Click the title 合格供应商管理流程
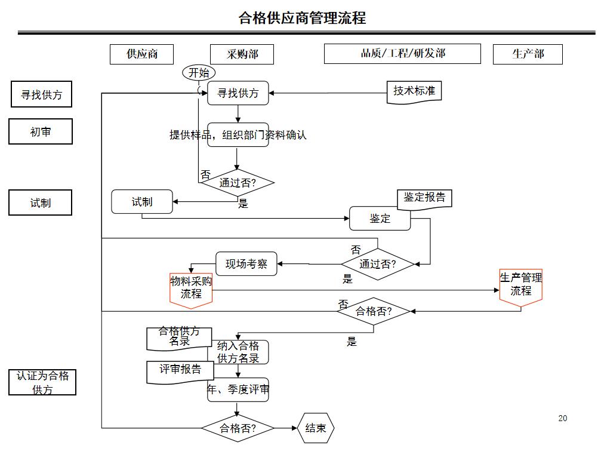tap(302, 18)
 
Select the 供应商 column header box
tap(141, 54)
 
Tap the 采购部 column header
tap(242, 54)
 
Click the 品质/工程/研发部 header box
tap(402, 54)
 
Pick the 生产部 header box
tap(527, 54)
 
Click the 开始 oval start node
tap(199, 73)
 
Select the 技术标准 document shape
tap(414, 91)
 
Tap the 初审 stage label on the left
tap(41, 131)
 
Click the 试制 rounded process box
tap(142, 202)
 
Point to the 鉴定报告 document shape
tap(424, 198)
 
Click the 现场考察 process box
tap(246, 263)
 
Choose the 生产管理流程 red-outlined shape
tap(520, 286)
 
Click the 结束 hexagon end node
tap(316, 428)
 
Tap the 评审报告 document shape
tap(180, 370)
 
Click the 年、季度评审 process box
tap(239, 390)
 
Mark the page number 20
tap(562, 418)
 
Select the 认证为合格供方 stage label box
tap(42, 382)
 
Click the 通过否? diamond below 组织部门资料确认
tap(237, 183)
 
